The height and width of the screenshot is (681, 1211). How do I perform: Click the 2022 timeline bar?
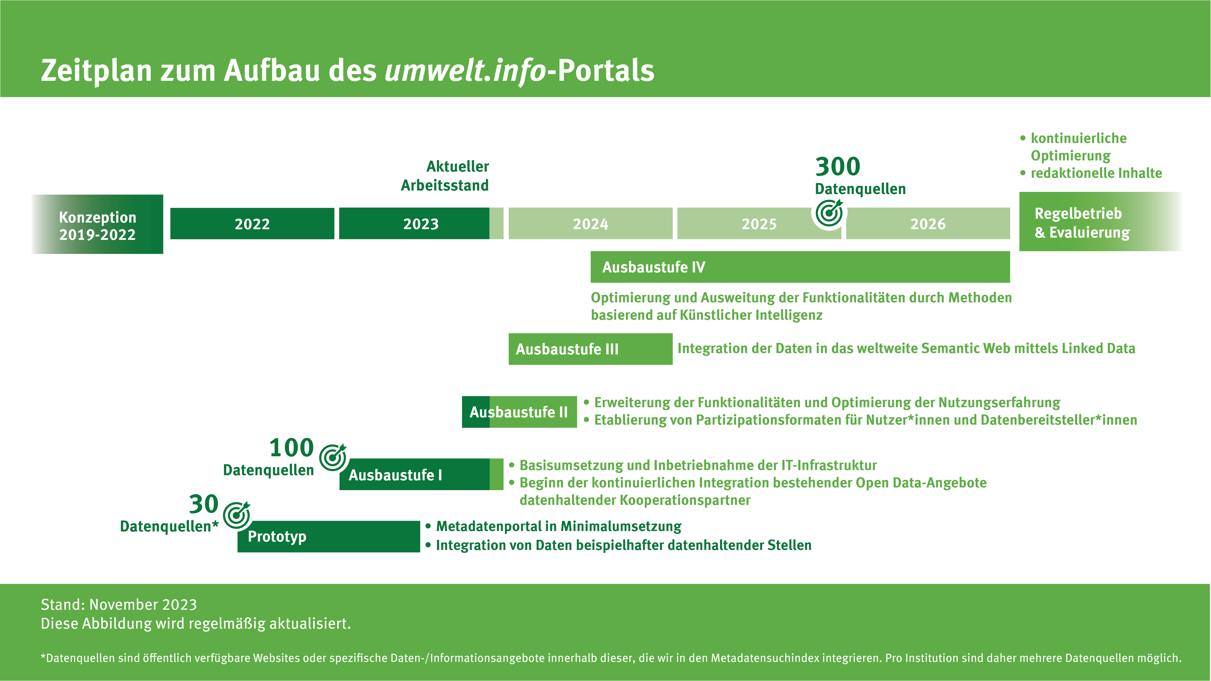(252, 224)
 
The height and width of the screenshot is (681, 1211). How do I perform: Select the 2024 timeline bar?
(590, 224)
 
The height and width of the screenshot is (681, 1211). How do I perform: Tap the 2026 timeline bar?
(928, 224)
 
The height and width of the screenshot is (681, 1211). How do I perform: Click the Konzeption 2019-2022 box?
(97, 225)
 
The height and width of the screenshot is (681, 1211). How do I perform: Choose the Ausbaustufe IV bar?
(799, 267)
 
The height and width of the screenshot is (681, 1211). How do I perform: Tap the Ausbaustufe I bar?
(421, 475)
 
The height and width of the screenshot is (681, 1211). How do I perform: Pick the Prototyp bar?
(328, 537)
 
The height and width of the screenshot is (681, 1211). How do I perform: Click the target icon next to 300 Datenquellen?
(829, 214)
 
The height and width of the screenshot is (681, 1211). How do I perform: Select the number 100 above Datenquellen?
(292, 447)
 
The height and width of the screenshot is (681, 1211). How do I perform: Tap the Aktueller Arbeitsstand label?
(445, 176)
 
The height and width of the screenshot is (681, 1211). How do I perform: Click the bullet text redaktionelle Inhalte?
(1096, 173)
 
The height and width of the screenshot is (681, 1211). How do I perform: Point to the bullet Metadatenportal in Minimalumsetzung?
(559, 526)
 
